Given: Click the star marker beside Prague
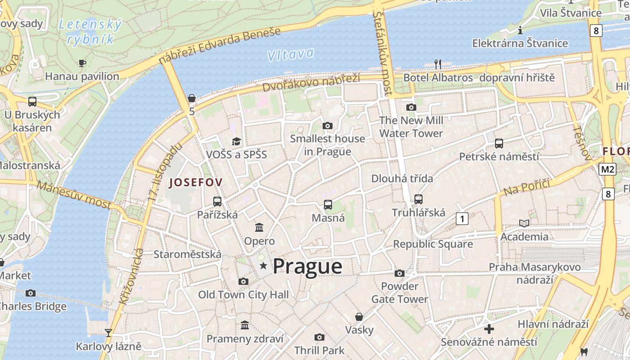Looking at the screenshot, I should (x=264, y=266).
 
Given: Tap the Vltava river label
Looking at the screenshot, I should (x=290, y=54).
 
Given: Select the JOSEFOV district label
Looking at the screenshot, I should (x=195, y=182).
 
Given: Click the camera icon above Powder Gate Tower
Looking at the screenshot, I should (x=400, y=273).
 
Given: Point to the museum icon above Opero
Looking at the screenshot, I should (x=259, y=227).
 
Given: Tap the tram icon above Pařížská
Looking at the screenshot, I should (x=217, y=201).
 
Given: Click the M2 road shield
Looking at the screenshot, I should (x=607, y=169).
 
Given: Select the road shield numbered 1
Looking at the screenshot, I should (x=462, y=219).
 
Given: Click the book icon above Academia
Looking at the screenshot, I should (x=524, y=223).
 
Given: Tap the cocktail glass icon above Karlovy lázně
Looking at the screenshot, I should (x=108, y=333).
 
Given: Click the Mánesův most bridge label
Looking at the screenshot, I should (x=74, y=194).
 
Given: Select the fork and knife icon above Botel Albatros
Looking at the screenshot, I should (x=438, y=64).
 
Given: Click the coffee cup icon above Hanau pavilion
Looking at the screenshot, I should (x=82, y=63).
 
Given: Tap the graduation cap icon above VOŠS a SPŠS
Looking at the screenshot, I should (x=236, y=141).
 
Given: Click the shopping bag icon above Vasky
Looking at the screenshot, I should (x=359, y=317).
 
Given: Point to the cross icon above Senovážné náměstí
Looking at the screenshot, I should (x=489, y=328).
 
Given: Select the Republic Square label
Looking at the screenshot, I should (x=433, y=244).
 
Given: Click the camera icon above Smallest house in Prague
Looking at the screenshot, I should (x=328, y=126).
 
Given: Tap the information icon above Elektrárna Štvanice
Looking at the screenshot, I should (x=520, y=30).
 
